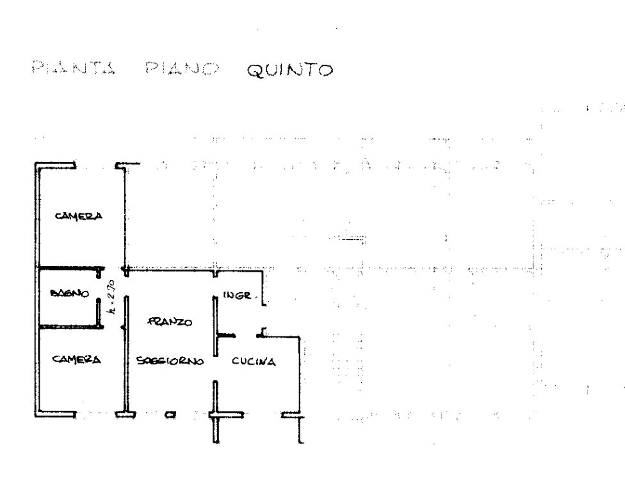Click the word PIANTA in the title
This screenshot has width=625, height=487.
point(72,68)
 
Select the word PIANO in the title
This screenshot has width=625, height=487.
point(181,68)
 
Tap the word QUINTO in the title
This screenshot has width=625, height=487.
point(289,69)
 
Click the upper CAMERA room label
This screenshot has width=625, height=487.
point(78,216)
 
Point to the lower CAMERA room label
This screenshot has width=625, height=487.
point(77,359)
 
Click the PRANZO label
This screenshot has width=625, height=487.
point(169,322)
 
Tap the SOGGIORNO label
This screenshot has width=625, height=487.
point(170,362)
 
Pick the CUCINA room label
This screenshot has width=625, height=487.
point(254,362)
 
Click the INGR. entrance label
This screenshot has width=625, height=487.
point(241,296)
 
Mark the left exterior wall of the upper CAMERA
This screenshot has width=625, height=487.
point(37,215)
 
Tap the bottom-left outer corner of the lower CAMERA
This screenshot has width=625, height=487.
point(36,415)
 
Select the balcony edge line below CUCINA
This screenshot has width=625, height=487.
point(256,415)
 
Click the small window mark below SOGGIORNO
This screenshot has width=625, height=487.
point(170,415)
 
